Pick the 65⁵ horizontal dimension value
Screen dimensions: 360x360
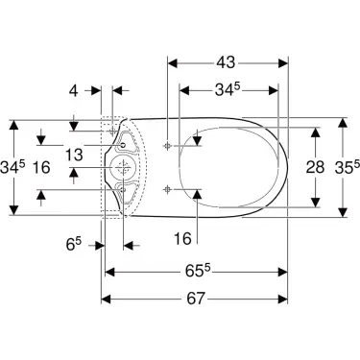195,270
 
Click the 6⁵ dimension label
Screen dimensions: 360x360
73,246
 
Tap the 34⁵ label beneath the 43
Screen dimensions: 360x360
228,91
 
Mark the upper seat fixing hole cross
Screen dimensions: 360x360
167,145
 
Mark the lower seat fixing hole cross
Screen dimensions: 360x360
167,186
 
